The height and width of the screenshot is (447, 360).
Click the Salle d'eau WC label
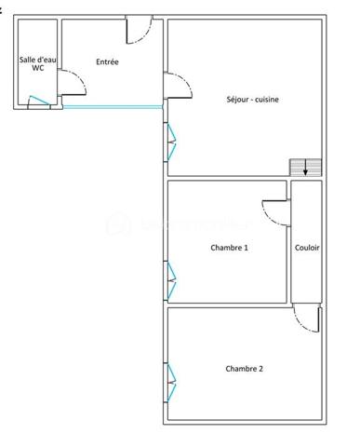[37, 63]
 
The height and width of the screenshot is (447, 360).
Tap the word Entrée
[107, 62]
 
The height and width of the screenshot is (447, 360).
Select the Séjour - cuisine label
[253, 100]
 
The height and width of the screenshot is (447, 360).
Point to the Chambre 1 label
[230, 247]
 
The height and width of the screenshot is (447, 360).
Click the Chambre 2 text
[244, 369]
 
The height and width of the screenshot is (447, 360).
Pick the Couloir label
[307, 247]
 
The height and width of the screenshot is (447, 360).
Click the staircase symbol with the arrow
[306, 167]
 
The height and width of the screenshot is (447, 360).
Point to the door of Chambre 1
[274, 211]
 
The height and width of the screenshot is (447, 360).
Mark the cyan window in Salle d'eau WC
[40, 102]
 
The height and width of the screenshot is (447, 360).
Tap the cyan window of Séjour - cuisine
[171, 140]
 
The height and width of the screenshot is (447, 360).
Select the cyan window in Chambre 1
[171, 275]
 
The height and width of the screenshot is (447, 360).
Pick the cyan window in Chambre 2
[171, 378]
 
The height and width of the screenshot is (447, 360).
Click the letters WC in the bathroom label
[37, 68]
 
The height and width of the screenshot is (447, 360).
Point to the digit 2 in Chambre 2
[260, 369]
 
